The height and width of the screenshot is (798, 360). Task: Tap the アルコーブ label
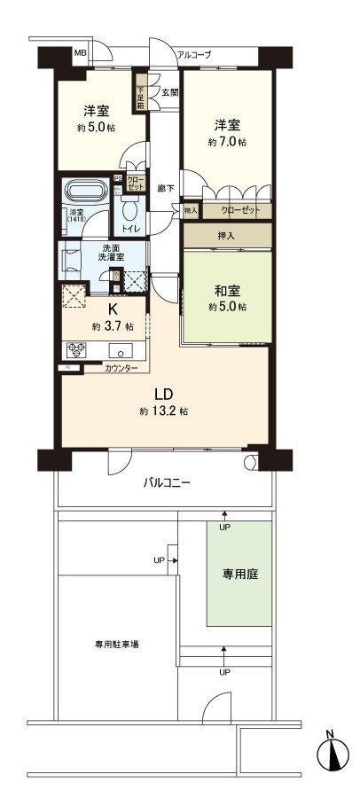[194, 55]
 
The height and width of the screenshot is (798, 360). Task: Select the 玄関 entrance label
[168, 91]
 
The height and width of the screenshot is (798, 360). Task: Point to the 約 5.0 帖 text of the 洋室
[90, 128]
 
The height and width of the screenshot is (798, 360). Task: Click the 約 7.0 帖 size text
[227, 141]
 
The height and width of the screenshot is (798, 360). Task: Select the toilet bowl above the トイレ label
[129, 207]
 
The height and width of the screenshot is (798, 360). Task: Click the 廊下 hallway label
[165, 188]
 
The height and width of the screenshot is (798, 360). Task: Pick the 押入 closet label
[227, 238]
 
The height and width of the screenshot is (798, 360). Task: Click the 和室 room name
[226, 289]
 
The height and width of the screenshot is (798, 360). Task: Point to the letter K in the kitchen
[113, 309]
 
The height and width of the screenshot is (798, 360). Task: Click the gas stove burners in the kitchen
[74, 349]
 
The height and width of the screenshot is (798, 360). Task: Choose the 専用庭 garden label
[239, 574]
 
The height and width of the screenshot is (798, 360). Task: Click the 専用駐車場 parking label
[117, 645]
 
